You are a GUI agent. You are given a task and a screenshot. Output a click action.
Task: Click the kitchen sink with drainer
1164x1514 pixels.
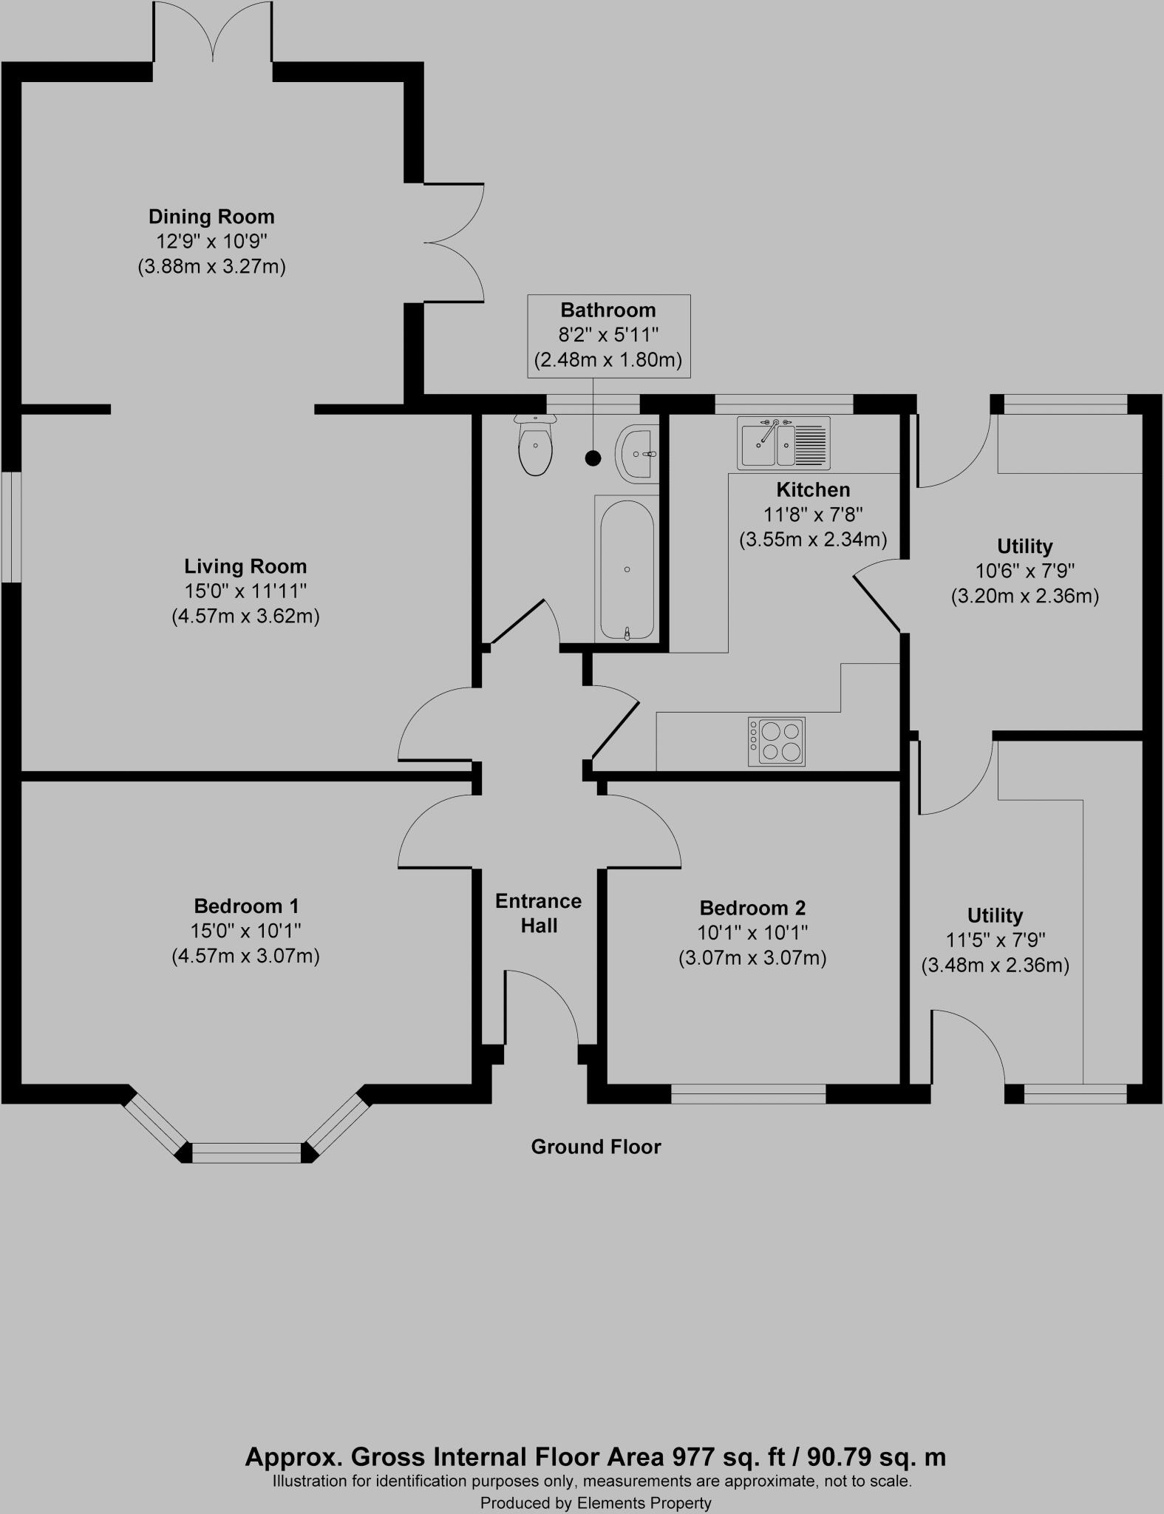(783, 443)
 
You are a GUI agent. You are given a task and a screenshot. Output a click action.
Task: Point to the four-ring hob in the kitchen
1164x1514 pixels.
(777, 741)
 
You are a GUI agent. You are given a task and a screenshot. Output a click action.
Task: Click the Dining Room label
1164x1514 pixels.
(211, 217)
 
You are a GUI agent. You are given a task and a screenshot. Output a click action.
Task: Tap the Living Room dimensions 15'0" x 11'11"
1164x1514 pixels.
(245, 591)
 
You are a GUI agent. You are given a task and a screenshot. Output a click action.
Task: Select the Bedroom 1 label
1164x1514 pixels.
(246, 906)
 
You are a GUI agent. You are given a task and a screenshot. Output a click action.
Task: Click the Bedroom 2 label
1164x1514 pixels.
(752, 908)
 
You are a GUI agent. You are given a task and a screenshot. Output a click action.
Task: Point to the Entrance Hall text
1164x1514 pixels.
(539, 913)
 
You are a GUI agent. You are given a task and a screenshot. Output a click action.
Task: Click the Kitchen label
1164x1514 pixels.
(813, 489)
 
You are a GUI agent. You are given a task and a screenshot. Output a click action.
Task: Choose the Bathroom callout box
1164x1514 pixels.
(608, 336)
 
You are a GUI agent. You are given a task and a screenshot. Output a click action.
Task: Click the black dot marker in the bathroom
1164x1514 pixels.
(593, 458)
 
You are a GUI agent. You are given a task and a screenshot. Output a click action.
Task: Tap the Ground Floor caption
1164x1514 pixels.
(596, 1147)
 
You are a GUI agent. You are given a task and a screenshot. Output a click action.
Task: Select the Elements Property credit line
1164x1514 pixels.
(596, 1502)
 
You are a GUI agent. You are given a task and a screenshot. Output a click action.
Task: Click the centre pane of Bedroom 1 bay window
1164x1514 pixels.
(247, 1153)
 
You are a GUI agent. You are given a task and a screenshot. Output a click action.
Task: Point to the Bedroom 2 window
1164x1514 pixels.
(748, 1094)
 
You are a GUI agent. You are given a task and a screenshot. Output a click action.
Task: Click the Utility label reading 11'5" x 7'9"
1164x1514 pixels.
(995, 940)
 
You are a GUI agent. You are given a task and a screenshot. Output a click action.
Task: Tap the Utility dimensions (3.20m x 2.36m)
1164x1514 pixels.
(1024, 596)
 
